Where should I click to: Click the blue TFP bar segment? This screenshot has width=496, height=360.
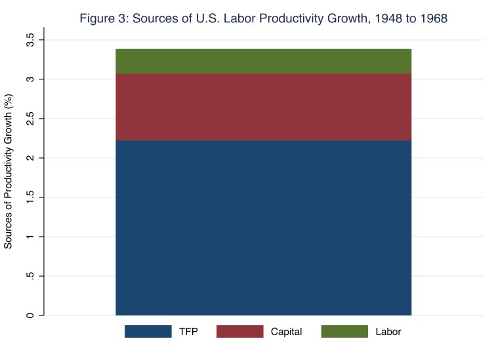pos(263,228)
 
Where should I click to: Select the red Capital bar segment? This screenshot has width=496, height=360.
pos(263,107)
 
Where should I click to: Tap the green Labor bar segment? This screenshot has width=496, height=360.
pos(263,61)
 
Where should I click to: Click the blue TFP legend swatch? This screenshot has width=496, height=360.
pos(148,332)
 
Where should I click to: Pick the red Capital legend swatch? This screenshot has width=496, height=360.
pos(239,332)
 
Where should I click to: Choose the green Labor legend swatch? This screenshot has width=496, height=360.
pos(344,332)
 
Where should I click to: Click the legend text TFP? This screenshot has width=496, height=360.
pos(188,332)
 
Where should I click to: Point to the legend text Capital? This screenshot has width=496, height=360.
pos(286,332)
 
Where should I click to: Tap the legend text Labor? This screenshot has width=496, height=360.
pos(388,332)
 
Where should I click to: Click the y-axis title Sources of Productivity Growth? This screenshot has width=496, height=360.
pos(9,178)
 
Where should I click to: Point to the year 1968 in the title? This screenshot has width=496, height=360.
pos(431,18)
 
